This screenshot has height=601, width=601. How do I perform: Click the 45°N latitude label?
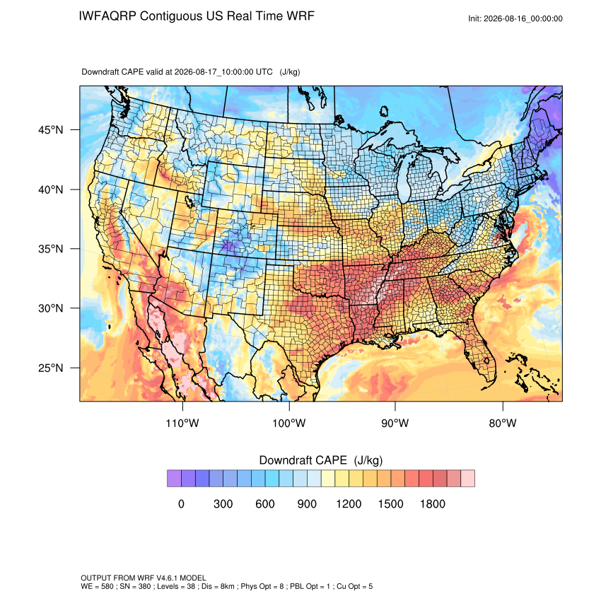tap(50, 130)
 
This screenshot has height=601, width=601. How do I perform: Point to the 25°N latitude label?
tap(50, 368)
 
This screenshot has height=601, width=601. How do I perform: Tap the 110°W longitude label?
tap(182, 423)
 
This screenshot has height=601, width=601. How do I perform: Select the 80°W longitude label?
tap(503, 423)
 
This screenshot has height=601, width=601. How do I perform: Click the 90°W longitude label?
tap(395, 423)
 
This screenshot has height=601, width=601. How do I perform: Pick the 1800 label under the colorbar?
tap(432, 503)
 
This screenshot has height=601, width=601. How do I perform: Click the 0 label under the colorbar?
tap(181, 503)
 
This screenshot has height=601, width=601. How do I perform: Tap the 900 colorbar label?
tap(307, 503)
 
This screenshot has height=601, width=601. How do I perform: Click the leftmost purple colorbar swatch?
tap(174, 479)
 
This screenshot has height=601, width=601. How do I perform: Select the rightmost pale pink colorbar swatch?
tap(467, 479)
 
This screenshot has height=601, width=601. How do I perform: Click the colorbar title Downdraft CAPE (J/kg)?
tap(321, 460)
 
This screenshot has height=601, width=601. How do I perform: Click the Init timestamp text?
tap(515, 18)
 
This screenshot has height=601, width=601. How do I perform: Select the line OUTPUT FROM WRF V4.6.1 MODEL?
tap(144, 578)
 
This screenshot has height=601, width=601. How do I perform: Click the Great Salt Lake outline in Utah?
tap(189, 202)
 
